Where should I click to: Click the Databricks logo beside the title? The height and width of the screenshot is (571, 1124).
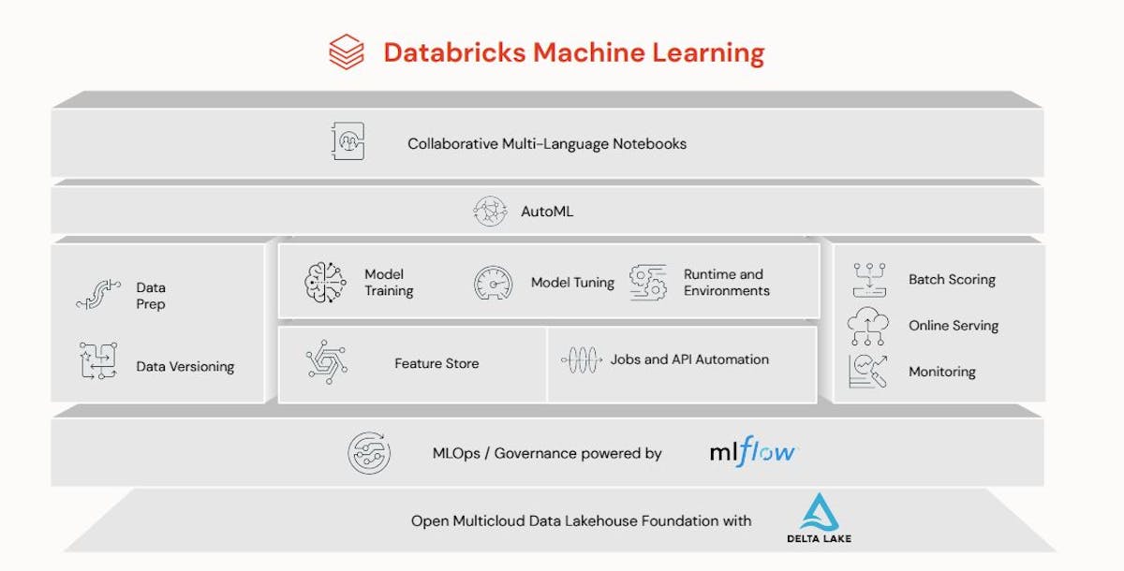click(x=347, y=51)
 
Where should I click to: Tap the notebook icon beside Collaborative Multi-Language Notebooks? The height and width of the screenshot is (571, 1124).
click(x=348, y=143)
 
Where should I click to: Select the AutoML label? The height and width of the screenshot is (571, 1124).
click(x=547, y=212)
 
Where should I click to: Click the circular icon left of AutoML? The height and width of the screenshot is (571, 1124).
click(x=491, y=212)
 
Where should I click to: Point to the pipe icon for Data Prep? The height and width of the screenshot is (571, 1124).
click(x=98, y=294)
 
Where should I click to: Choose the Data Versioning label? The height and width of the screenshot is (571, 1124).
click(x=185, y=367)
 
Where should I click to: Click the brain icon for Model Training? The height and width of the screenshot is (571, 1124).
click(x=325, y=283)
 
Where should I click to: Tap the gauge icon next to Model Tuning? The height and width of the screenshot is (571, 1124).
click(x=494, y=283)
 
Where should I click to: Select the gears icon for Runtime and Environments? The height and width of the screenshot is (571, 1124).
click(x=648, y=282)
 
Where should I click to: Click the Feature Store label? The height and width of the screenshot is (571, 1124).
click(x=436, y=363)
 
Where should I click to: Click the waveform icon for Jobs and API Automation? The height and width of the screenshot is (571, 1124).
click(x=581, y=359)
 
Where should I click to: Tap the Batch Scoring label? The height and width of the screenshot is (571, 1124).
click(x=952, y=279)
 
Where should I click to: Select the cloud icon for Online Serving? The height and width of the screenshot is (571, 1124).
click(x=868, y=326)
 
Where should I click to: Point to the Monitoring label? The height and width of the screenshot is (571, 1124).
click(x=942, y=372)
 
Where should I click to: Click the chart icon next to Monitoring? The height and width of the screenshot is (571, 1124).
click(x=868, y=372)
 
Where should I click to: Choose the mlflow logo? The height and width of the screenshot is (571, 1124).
click(x=752, y=453)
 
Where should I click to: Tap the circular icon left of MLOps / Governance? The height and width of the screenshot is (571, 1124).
click(x=369, y=454)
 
